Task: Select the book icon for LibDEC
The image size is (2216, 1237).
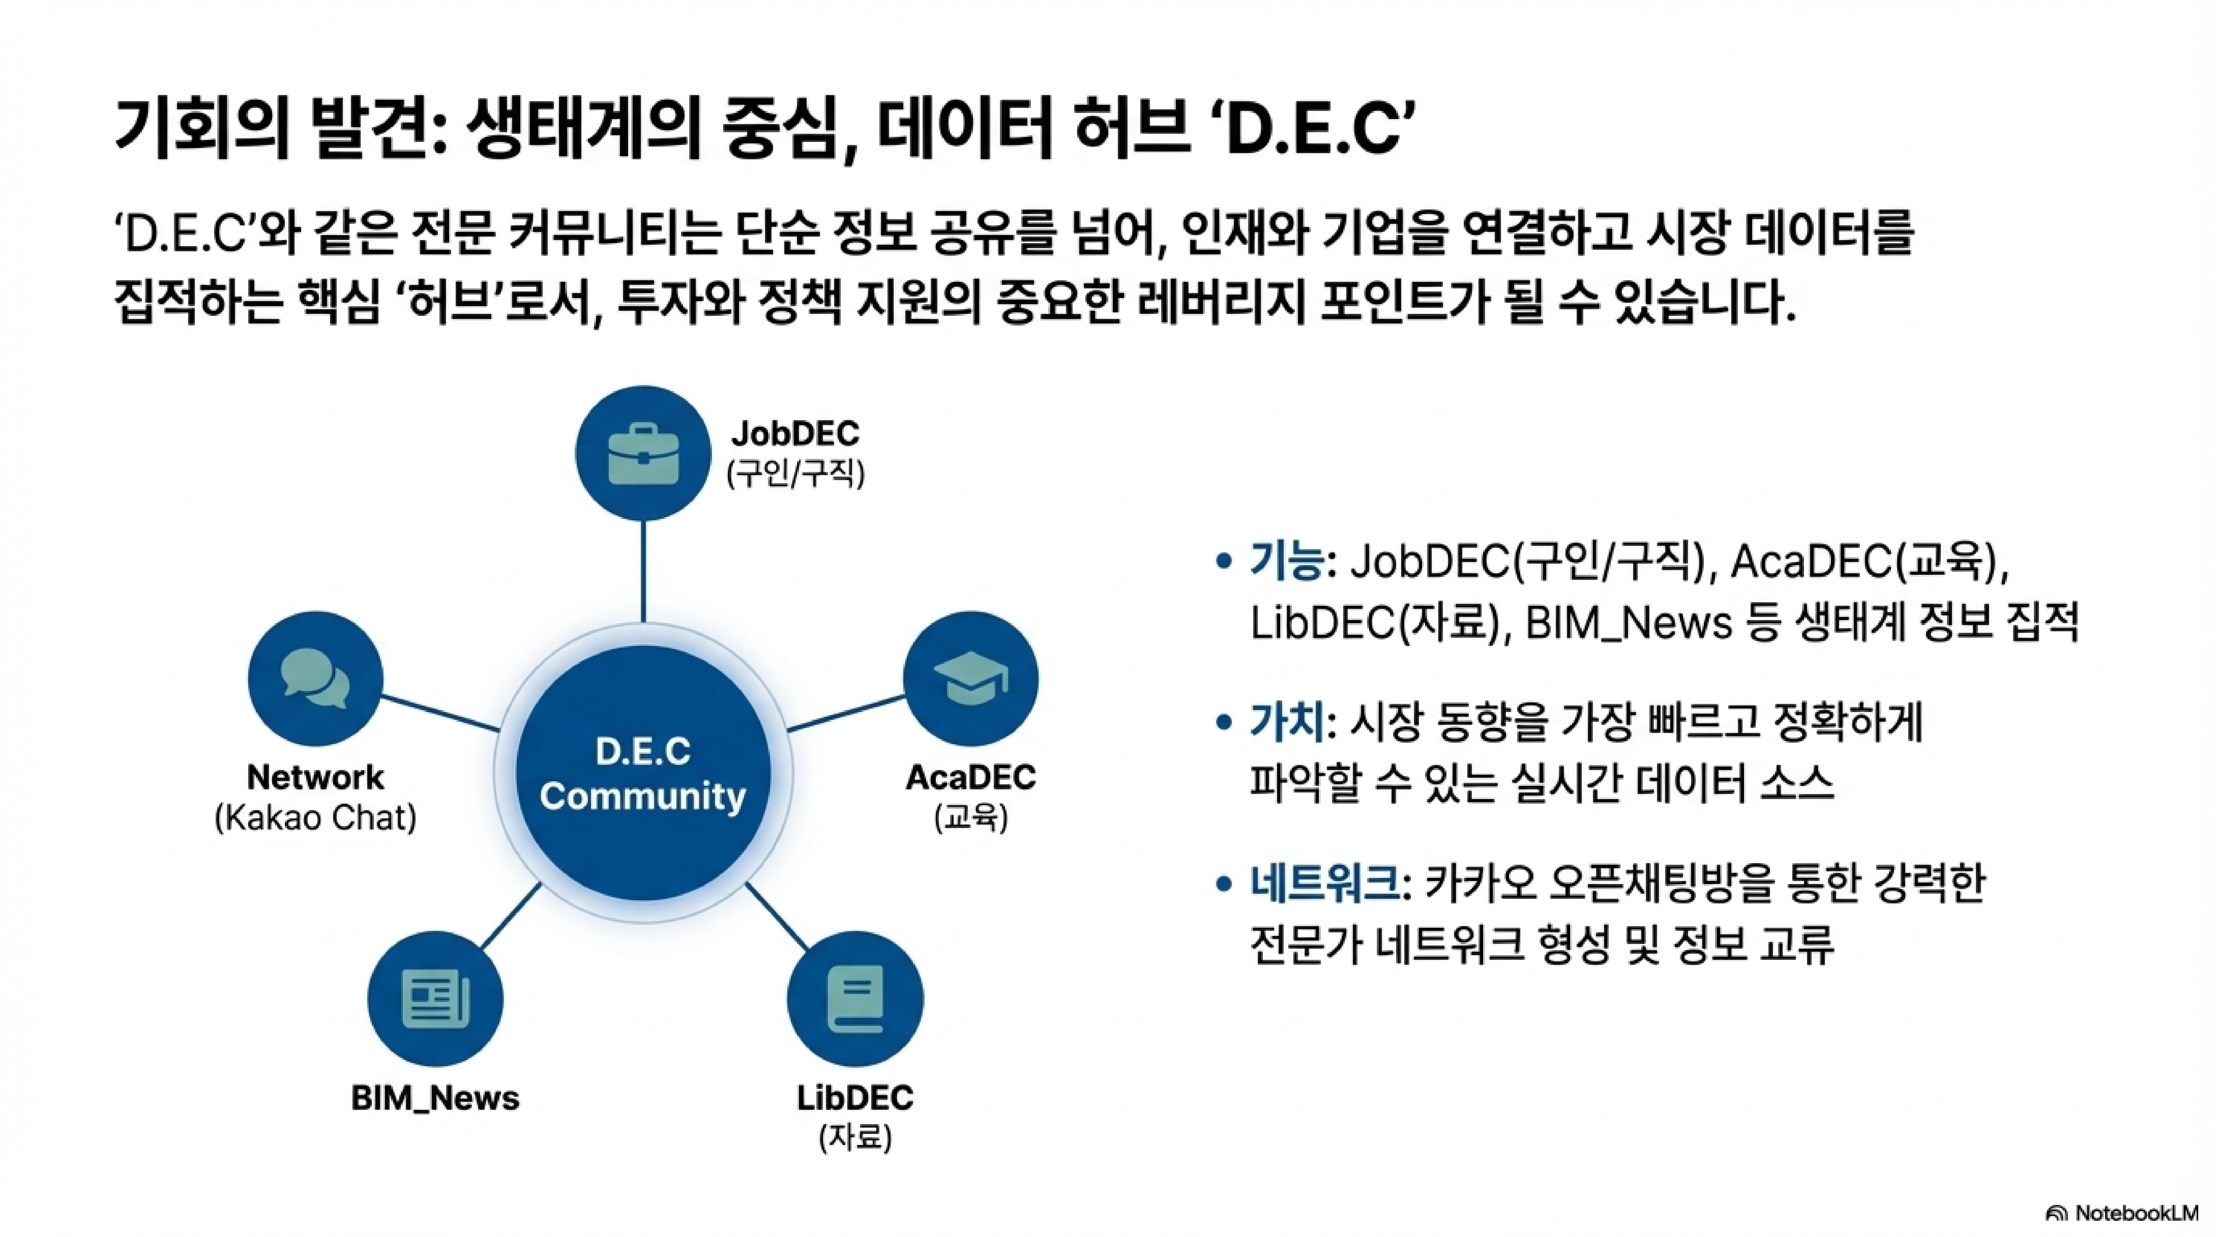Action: pos(854,999)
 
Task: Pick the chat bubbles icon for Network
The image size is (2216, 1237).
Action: pos(315,679)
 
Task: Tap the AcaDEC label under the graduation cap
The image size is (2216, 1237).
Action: pos(970,778)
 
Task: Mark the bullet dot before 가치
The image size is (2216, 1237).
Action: pos(1223,722)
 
